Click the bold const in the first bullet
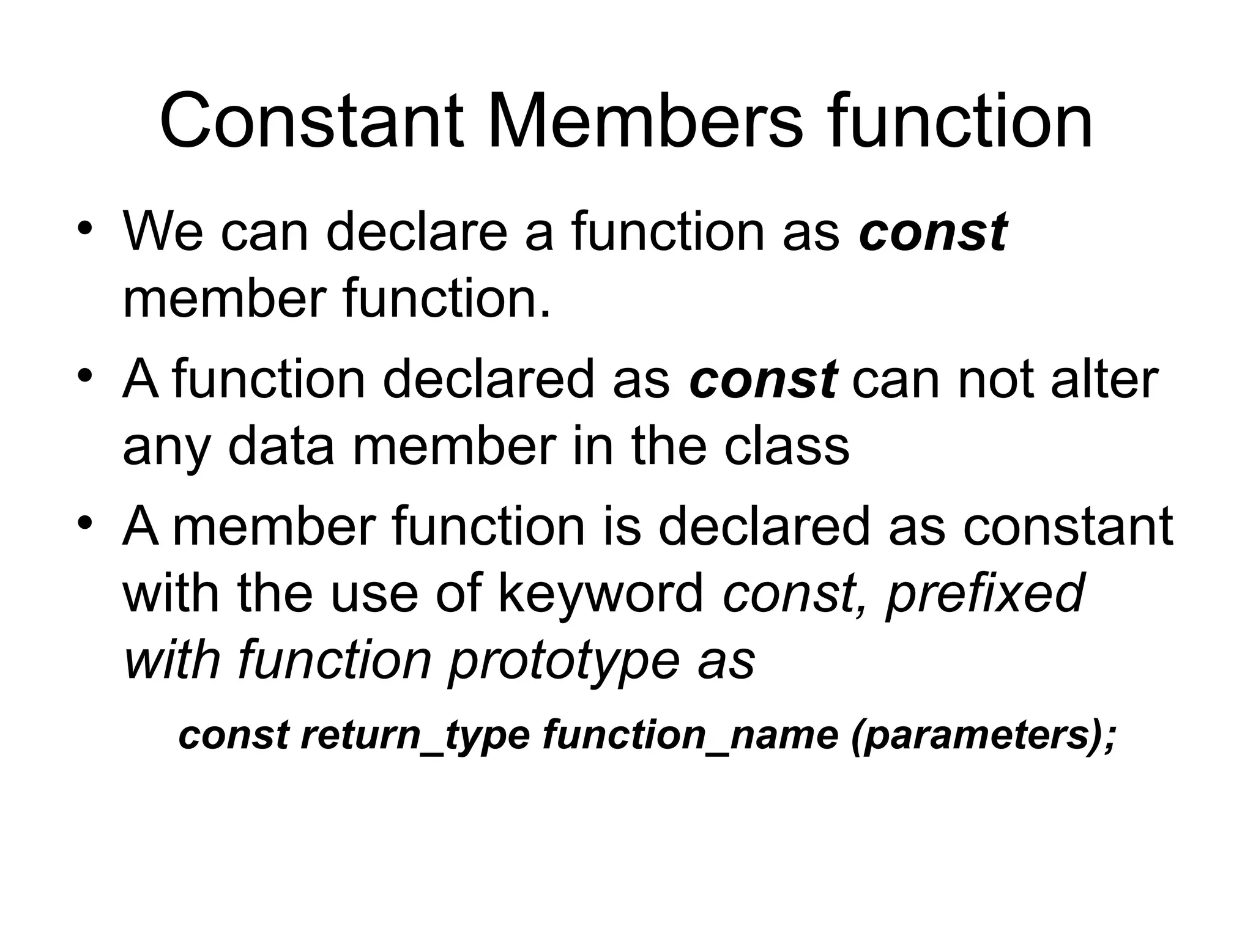pyautogui.click(x=932, y=232)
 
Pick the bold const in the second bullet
pyautogui.click(x=763, y=379)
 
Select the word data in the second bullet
pyautogui.click(x=281, y=446)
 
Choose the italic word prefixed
pyautogui.click(x=984, y=594)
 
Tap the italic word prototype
pyautogui.click(x=563, y=661)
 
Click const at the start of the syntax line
pyautogui.click(x=233, y=735)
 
